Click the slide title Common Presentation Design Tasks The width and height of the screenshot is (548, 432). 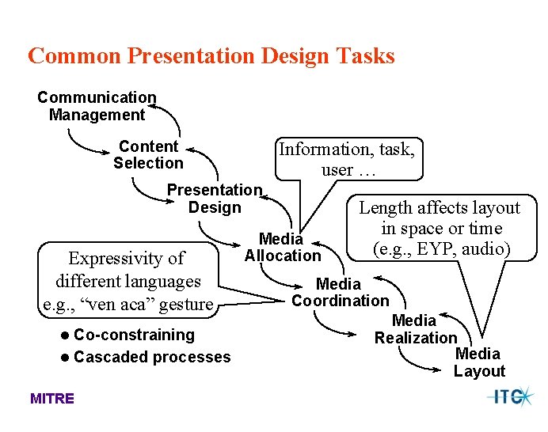(211, 56)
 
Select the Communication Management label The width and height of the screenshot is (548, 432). (97, 106)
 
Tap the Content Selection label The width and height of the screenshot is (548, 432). (148, 154)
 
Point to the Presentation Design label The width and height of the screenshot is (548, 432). (214, 199)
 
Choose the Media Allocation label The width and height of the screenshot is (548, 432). (283, 247)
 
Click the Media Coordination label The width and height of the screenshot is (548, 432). (340, 292)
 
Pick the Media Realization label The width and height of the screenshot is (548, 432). (415, 329)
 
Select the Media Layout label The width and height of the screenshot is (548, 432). (478, 362)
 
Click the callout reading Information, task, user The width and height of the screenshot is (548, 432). (347, 159)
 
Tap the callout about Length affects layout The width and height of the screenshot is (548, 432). (440, 228)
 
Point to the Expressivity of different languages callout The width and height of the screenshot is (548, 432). (127, 281)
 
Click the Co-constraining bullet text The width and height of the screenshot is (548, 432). (134, 335)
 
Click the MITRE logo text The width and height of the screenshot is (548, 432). (52, 398)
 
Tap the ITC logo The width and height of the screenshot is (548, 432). (510, 396)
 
